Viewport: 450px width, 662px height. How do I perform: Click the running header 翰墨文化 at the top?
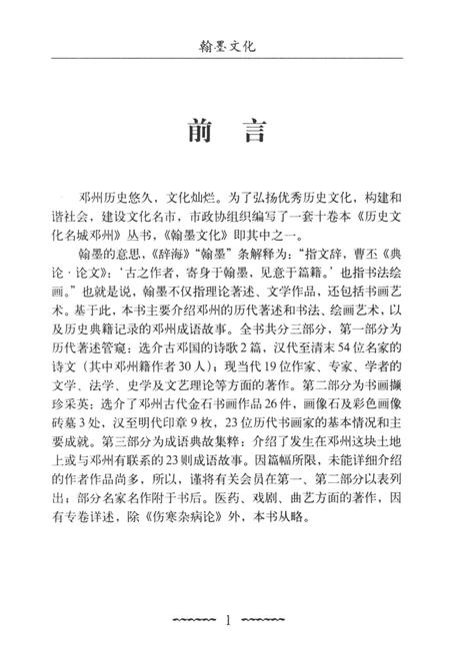coord(225,46)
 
